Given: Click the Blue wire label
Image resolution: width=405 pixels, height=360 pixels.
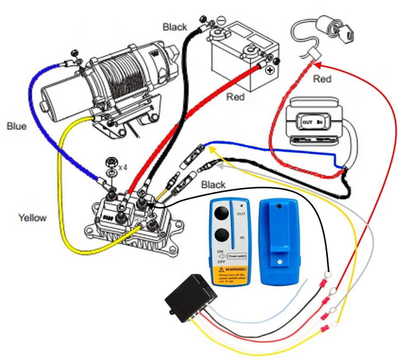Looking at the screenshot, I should click(17, 126).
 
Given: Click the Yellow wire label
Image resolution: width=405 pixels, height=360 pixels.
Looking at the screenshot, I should click(32, 218).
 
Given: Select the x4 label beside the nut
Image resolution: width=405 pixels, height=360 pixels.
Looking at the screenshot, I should click(123, 167).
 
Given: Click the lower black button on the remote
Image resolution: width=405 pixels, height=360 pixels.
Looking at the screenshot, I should click(221, 235).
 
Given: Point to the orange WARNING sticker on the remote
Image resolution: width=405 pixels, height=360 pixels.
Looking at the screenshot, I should click(229, 274).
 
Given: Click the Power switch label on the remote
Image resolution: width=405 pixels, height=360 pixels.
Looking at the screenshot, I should click(237, 256).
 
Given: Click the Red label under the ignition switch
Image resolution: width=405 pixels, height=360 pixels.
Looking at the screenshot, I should click(322, 79).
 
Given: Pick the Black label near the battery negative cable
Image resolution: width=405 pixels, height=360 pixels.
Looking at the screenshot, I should click(175, 27).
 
